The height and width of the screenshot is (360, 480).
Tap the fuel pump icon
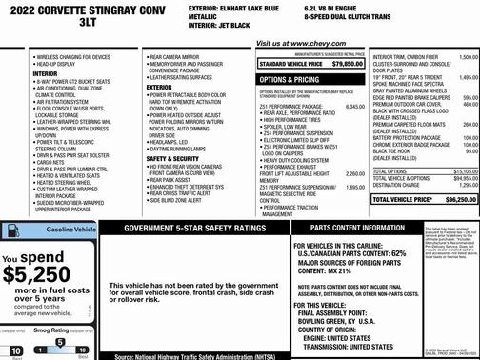(11, 231)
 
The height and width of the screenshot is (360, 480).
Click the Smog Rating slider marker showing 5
(59, 342)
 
